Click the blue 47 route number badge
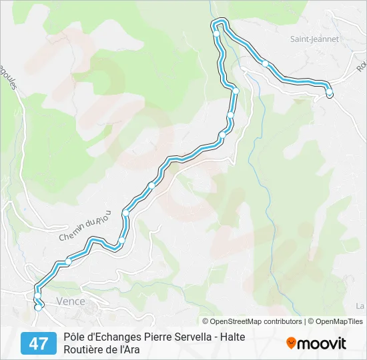[x=39, y=343]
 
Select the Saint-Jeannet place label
[x=314, y=39]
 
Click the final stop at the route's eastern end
[x=329, y=93]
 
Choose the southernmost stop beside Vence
[x=38, y=307]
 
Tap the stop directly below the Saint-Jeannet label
[x=266, y=64]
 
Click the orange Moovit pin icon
[x=291, y=343]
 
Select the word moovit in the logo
[x=322, y=343]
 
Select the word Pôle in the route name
[x=75, y=337]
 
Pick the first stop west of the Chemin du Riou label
[x=68, y=262]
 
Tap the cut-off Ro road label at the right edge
[x=361, y=67]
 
